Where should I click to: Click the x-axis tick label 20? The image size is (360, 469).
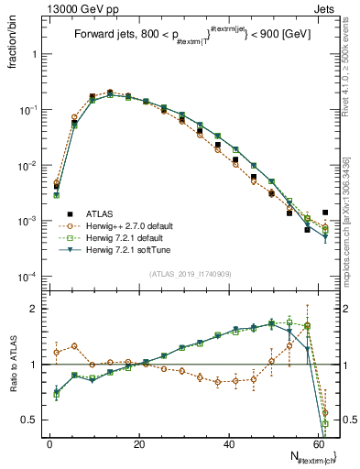(139, 442)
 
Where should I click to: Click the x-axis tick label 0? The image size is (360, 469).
(49, 442)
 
